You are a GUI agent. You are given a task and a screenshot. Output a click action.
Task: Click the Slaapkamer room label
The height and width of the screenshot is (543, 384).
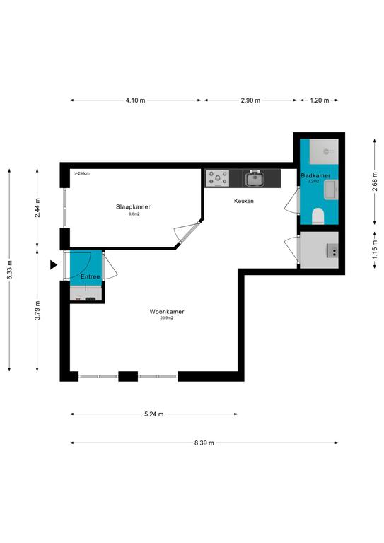pyautogui.click(x=134, y=206)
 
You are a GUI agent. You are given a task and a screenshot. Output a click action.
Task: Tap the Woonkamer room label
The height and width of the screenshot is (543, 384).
pyautogui.click(x=167, y=312)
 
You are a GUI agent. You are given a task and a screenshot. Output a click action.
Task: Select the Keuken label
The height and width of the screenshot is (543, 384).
pyautogui.click(x=244, y=201)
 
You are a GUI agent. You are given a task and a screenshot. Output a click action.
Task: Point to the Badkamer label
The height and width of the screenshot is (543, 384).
pyautogui.click(x=315, y=175)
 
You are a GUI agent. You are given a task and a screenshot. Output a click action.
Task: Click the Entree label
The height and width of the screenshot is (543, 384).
pyautogui.click(x=90, y=276)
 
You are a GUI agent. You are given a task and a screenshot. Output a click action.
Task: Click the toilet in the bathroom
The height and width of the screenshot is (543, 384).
pyautogui.click(x=318, y=216)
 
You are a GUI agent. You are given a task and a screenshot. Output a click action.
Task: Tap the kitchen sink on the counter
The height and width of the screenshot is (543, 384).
pyautogui.click(x=255, y=179)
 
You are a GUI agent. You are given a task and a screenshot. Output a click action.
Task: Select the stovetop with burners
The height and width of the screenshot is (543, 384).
pyautogui.click(x=217, y=178)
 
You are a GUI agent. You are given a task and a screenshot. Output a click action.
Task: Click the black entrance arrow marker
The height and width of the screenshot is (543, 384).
pyautogui.click(x=53, y=265)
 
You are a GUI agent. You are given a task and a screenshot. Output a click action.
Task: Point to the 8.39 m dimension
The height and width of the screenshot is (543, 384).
pyautogui.click(x=204, y=443)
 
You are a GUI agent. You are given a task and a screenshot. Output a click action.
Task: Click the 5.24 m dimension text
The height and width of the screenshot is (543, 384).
pyautogui.click(x=153, y=414)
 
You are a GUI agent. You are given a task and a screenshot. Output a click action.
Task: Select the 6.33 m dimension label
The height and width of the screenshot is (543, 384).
pyautogui.click(x=9, y=270)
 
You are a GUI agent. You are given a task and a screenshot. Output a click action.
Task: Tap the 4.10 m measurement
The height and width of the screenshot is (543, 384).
pyautogui.click(x=135, y=100)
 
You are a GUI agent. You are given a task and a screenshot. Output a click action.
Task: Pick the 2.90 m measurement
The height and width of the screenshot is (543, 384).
pyautogui.click(x=250, y=100)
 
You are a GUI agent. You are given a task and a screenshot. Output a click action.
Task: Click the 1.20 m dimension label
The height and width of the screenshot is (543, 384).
pyautogui.click(x=319, y=100)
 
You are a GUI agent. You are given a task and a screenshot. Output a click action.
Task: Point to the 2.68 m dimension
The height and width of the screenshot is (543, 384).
pyautogui.click(x=375, y=182)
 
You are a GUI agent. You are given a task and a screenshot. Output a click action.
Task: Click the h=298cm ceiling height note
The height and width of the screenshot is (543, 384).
pyautogui.click(x=81, y=173)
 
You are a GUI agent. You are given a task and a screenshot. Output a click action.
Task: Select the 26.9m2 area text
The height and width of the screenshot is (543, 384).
pyautogui.click(x=167, y=317)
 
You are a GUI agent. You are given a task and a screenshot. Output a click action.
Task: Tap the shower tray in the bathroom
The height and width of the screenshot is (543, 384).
pyautogui.click(x=324, y=152)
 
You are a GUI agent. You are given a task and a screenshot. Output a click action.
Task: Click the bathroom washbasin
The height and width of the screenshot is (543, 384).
pyautogui.click(x=331, y=189)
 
